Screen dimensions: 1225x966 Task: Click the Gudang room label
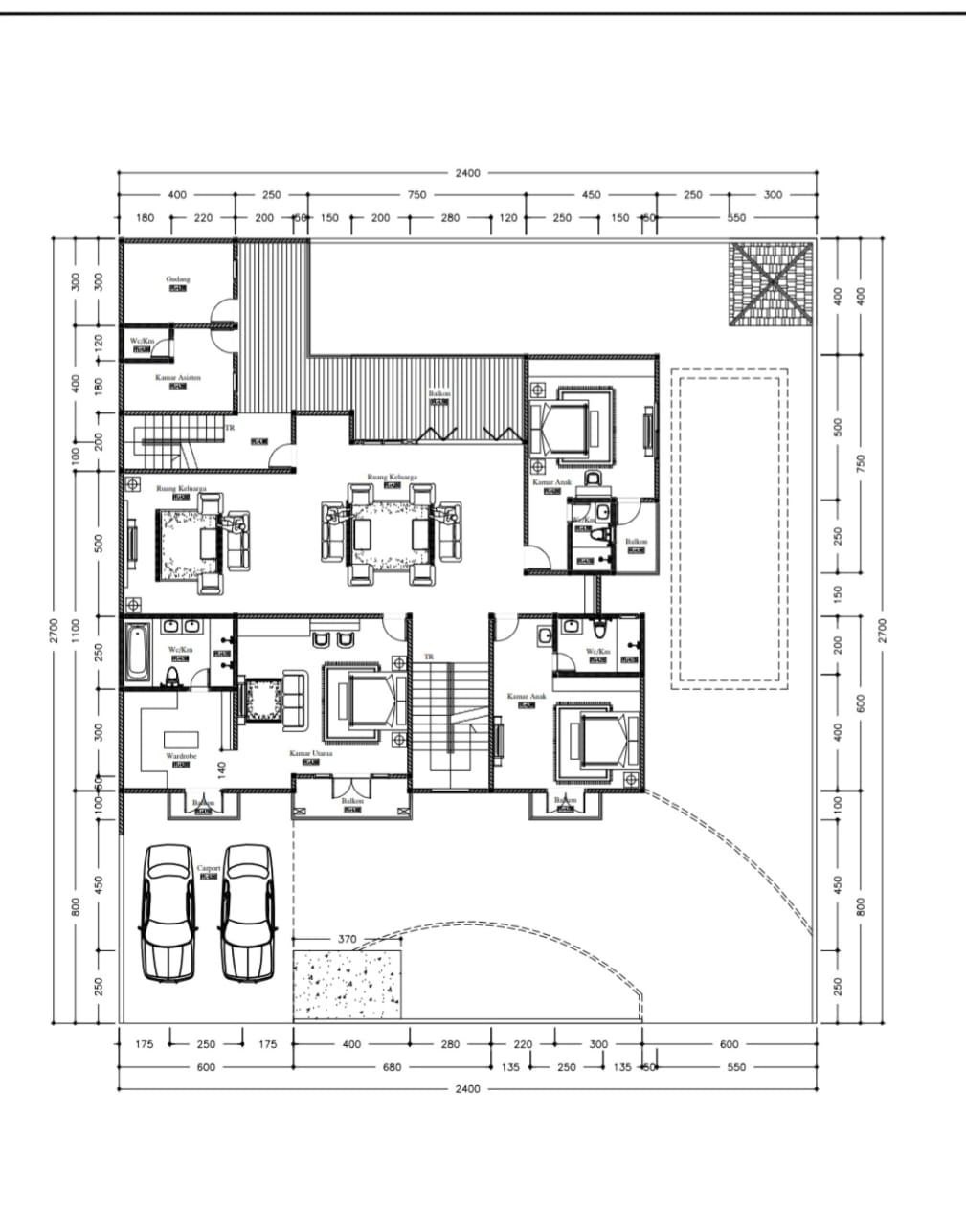178,279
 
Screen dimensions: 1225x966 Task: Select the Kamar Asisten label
178,378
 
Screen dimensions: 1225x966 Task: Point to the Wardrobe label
181,756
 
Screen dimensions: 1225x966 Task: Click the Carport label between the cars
208,869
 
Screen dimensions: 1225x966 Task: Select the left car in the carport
169,913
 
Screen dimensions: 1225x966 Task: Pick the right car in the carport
248,913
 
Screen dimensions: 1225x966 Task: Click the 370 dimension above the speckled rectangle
347,939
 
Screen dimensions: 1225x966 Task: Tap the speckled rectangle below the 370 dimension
347,986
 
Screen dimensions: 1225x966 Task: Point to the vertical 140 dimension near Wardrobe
222,770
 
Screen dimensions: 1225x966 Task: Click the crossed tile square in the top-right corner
771,284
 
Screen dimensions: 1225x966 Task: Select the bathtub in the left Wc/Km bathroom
136,654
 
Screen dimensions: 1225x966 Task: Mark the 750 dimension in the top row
417,194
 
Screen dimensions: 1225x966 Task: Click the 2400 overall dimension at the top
467,173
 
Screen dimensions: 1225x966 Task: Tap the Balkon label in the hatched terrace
438,394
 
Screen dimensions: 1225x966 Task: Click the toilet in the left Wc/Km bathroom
173,678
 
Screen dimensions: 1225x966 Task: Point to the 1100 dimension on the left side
78,629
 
